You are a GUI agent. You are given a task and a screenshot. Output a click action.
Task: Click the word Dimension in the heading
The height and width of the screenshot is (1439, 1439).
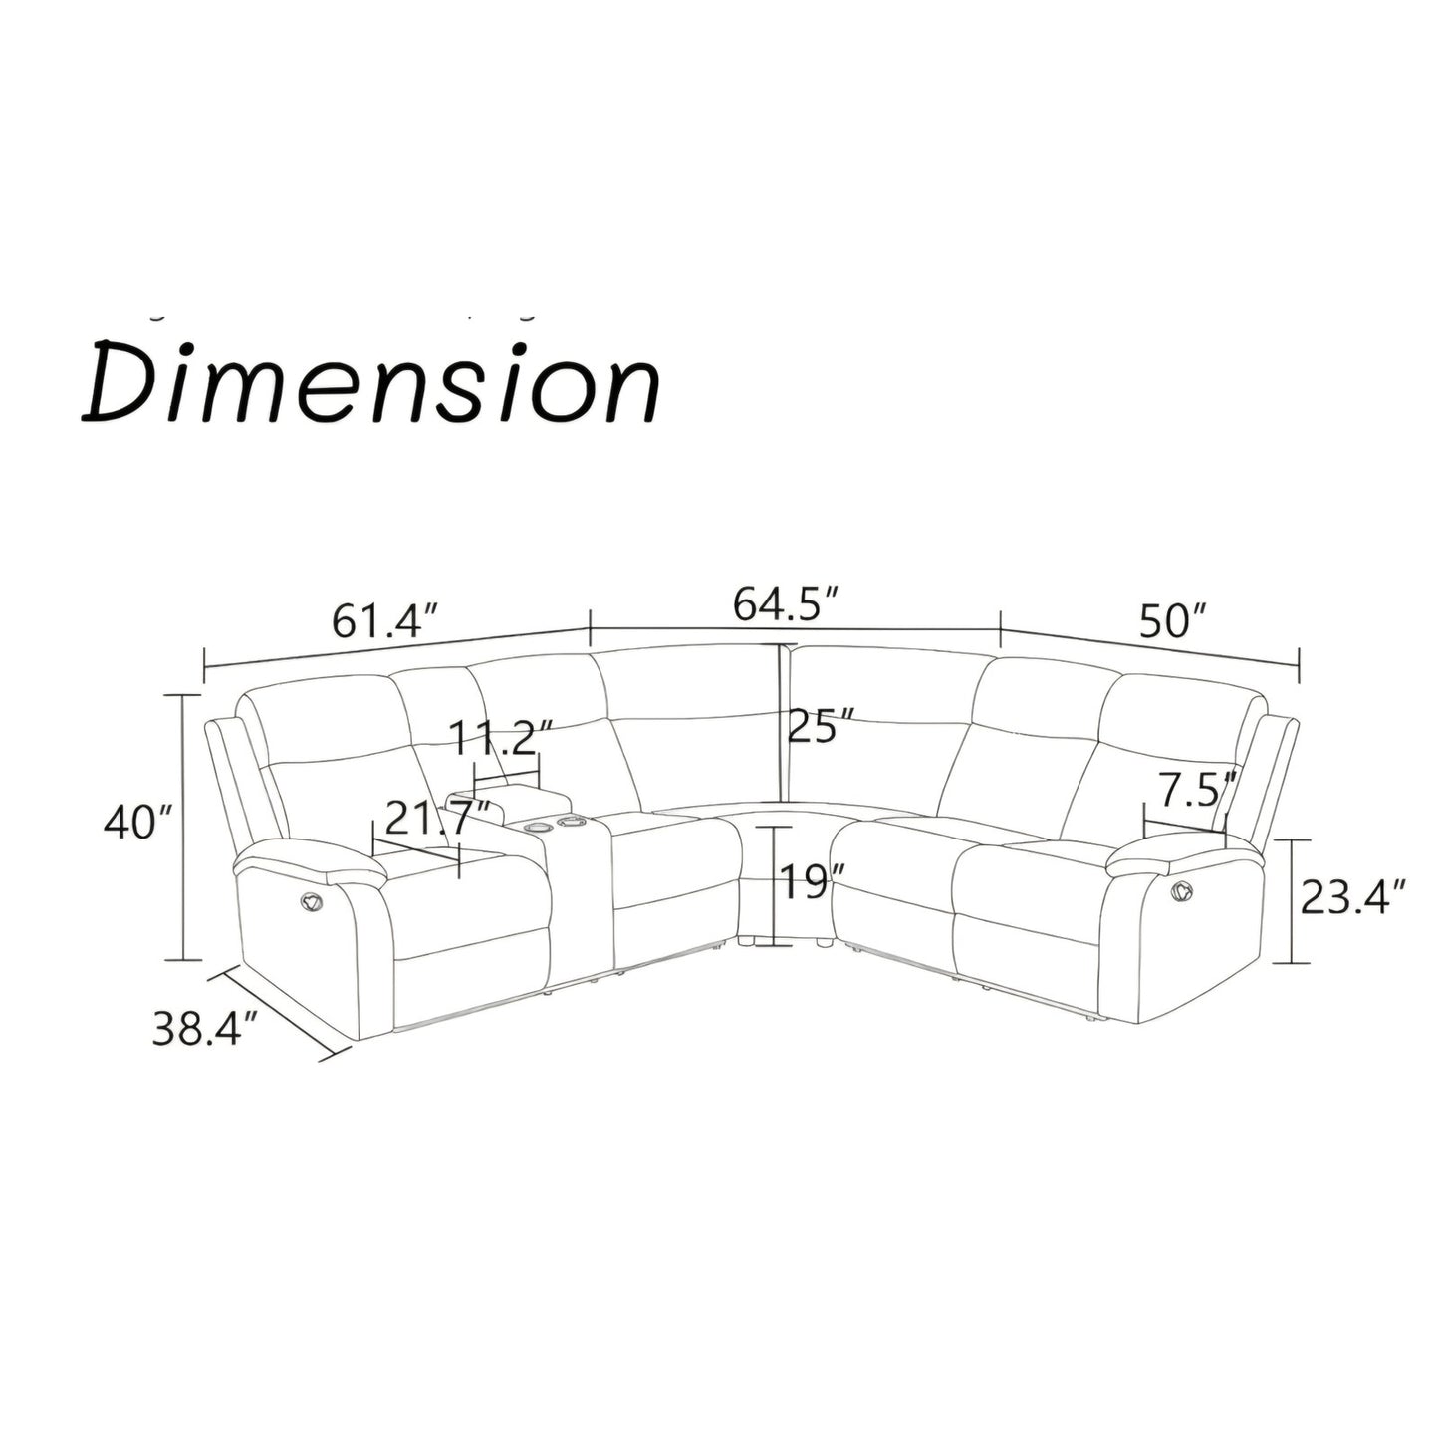(370, 383)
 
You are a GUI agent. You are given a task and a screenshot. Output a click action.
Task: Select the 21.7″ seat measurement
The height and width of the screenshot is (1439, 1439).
(438, 818)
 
